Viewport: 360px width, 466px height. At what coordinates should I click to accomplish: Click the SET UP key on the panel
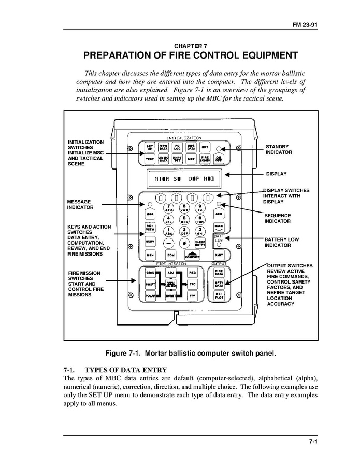click(150, 147)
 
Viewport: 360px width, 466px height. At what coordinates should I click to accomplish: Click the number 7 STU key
click(168, 207)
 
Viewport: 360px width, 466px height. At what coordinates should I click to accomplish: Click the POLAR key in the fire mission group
click(150, 296)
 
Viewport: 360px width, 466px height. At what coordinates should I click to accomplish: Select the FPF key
click(192, 296)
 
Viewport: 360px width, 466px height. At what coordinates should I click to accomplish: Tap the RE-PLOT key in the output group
click(219, 296)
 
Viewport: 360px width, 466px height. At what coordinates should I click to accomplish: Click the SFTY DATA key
click(219, 284)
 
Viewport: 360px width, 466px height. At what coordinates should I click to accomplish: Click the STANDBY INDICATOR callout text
click(279, 150)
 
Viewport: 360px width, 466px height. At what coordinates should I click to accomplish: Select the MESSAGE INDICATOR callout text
click(80, 204)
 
